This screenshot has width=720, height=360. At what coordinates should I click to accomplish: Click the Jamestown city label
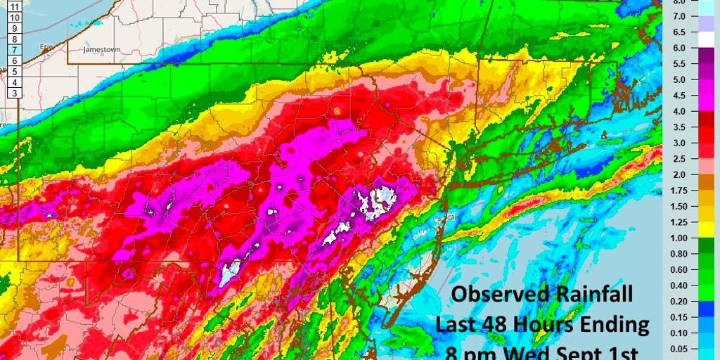coord(102,51)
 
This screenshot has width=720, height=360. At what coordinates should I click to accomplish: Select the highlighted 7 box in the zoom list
coord(15,51)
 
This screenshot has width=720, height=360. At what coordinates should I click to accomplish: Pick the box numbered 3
coord(15,94)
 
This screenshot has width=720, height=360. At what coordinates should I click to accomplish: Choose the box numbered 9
coord(15,28)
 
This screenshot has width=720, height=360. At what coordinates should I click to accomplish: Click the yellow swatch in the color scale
coord(700,229)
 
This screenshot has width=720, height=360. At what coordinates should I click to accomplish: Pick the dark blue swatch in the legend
coord(700,308)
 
